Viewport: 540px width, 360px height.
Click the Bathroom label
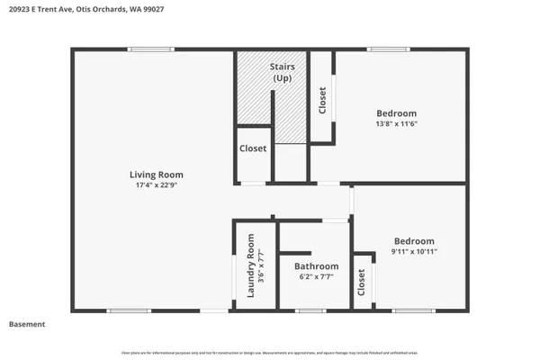pyautogui.click(x=316, y=266)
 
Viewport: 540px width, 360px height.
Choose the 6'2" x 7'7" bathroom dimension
pyautogui.click(x=316, y=277)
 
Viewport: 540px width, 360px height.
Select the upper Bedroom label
pyautogui.click(x=396, y=112)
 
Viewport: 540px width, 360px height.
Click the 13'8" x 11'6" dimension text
pyautogui.click(x=396, y=124)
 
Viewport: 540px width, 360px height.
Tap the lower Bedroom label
pyautogui.click(x=414, y=241)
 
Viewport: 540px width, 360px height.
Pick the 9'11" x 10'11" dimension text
pyautogui.click(x=414, y=252)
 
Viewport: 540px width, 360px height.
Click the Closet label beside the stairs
pyautogui.click(x=253, y=148)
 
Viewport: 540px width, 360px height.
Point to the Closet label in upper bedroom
pyautogui.click(x=322, y=99)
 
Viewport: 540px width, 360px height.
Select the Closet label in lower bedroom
pyautogui.click(x=362, y=283)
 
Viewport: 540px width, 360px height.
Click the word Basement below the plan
pyautogui.click(x=27, y=324)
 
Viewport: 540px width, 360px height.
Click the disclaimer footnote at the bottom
pyautogui.click(x=270, y=351)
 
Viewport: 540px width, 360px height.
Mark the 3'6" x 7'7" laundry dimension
pyautogui.click(x=261, y=266)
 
